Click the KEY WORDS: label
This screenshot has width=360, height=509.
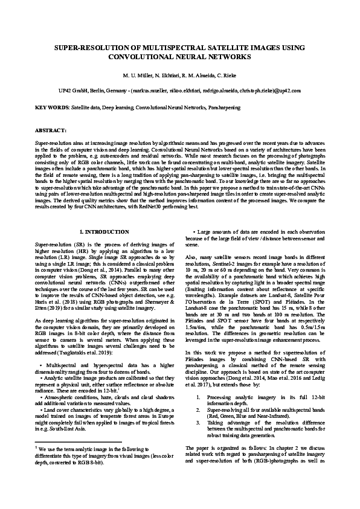53,107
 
